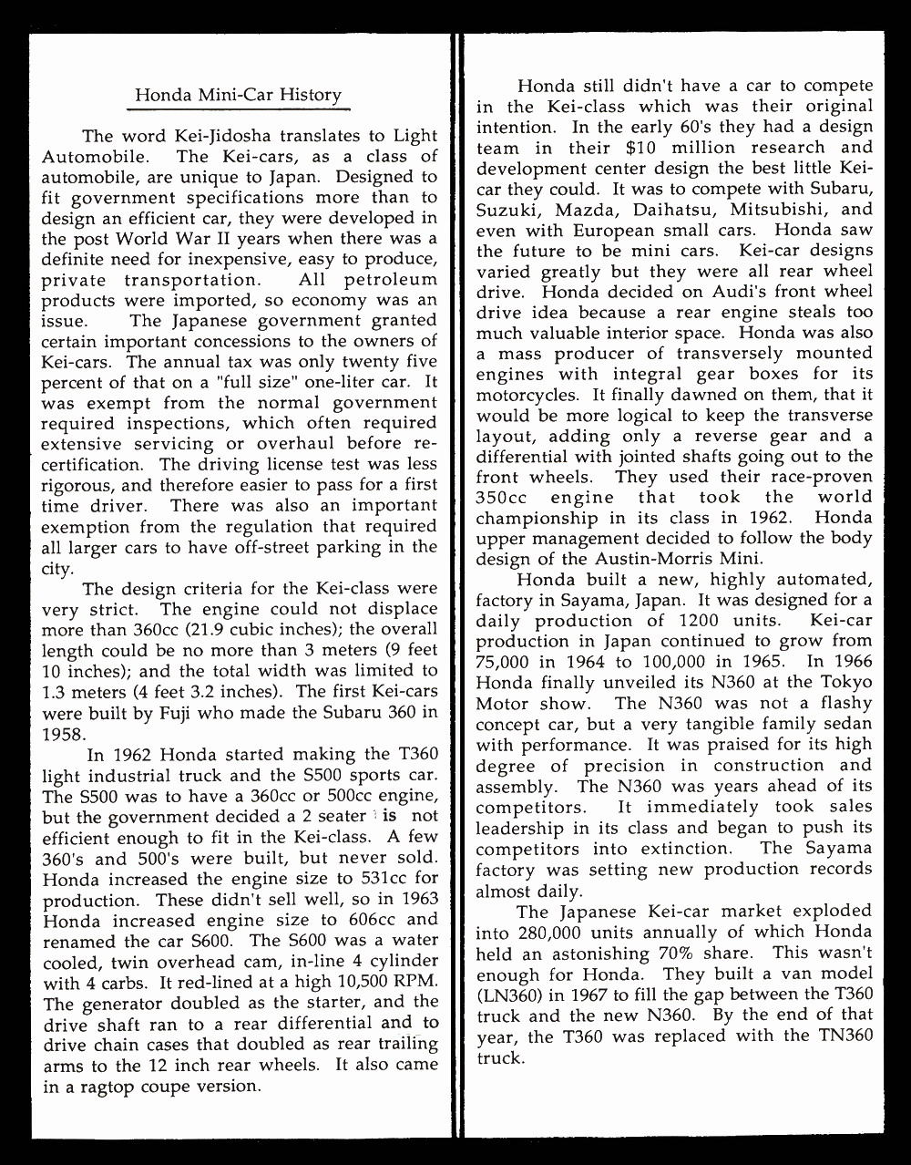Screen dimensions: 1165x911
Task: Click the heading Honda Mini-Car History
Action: click(238, 95)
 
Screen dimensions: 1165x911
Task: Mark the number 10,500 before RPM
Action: click(360, 981)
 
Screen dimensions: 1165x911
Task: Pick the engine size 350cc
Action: click(501, 498)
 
